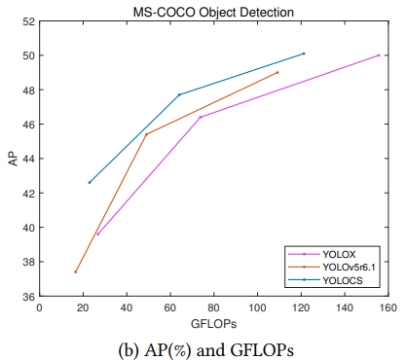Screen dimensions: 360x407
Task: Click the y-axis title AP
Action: pos(13,159)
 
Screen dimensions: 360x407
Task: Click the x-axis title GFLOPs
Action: pos(213,321)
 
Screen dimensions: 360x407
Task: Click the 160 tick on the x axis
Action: pos(388,307)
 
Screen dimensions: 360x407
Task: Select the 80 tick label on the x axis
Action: pos(214,307)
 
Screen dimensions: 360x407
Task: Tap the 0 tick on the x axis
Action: pos(40,307)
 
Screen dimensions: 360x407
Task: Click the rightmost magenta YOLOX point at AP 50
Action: pos(379,55)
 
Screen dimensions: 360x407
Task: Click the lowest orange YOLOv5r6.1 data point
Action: pos(76,271)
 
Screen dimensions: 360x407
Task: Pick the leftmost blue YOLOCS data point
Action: pos(90,182)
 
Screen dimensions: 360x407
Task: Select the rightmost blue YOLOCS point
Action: pos(304,54)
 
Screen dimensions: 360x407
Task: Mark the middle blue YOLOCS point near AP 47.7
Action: pos(179,94)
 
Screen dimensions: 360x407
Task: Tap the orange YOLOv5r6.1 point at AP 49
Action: pos(277,72)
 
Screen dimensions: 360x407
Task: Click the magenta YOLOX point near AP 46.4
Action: pos(201,117)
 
